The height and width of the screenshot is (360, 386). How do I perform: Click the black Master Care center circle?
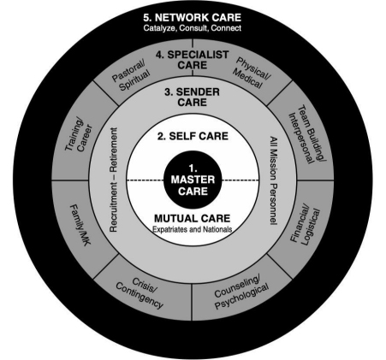[x=193, y=180]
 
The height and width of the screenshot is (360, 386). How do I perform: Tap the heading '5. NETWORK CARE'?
[x=193, y=18]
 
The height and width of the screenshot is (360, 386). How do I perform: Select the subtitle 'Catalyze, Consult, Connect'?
[x=193, y=28]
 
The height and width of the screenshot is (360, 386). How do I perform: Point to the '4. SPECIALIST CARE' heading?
[x=193, y=60]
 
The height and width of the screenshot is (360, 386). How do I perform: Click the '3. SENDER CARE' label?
[x=193, y=97]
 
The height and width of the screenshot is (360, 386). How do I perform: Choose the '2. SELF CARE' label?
[x=193, y=136]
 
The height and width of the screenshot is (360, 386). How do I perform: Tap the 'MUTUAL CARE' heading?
[x=193, y=219]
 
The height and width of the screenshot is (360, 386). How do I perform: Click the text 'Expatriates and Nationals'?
[x=193, y=229]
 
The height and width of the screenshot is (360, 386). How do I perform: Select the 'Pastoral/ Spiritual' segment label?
[x=131, y=76]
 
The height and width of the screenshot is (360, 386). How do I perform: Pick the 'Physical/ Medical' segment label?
[x=252, y=73]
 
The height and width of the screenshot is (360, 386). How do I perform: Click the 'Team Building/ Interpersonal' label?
[x=306, y=134]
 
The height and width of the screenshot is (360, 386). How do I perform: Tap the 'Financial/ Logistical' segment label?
[x=305, y=224]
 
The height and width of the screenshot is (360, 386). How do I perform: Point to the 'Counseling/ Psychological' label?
[x=241, y=292]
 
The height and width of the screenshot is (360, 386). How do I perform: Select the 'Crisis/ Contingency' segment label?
[x=140, y=292]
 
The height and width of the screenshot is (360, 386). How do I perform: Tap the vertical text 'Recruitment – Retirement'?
[x=113, y=180]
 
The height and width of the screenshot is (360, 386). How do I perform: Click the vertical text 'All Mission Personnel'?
[x=274, y=180]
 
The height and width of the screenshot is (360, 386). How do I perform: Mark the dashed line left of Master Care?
[x=145, y=180]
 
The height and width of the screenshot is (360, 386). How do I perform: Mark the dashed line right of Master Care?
[x=241, y=180]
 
